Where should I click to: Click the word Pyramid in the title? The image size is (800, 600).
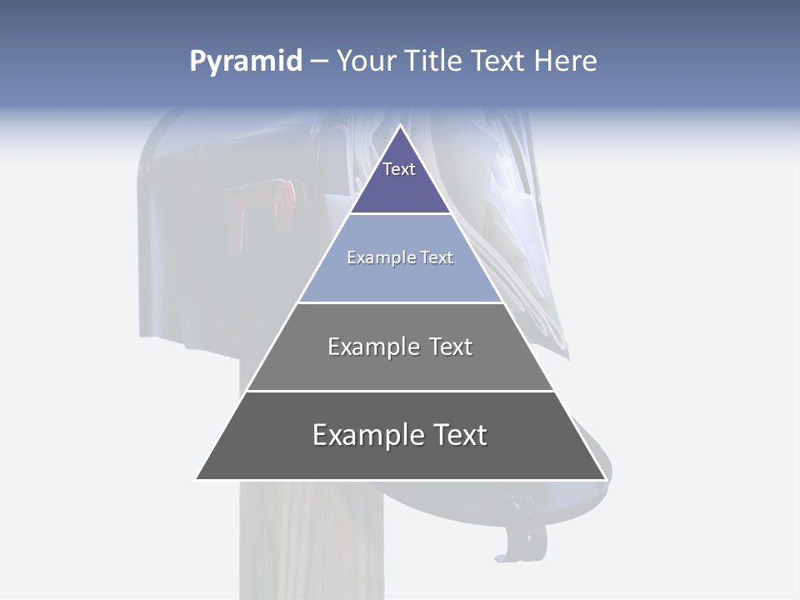[x=245, y=62]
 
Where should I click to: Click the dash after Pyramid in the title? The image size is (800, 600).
[x=319, y=62]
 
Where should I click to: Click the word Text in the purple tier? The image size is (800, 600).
[x=399, y=169]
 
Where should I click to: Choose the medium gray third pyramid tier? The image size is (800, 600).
[x=400, y=367]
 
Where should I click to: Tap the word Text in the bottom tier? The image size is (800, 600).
[x=458, y=435]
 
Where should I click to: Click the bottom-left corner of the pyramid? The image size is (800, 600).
[x=197, y=478]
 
